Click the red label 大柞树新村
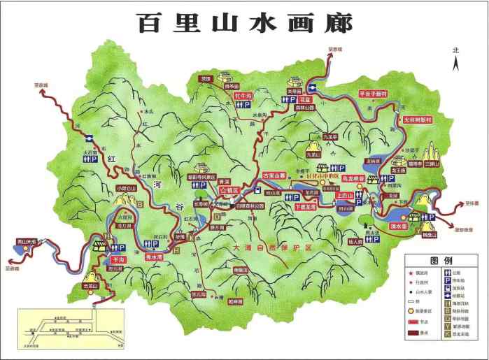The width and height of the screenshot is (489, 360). (418, 120)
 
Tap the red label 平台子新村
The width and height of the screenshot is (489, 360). (373, 93)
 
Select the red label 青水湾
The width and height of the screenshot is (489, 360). (154, 256)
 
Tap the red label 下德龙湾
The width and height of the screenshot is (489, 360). (305, 207)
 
